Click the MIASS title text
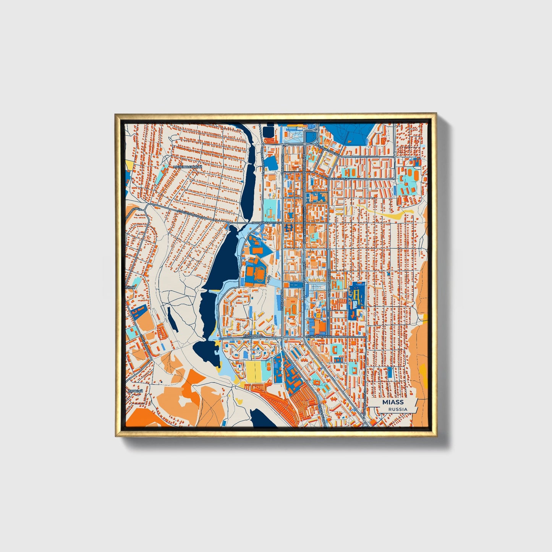(393, 402)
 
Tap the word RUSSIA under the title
(398, 409)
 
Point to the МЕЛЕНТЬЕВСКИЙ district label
(187, 167)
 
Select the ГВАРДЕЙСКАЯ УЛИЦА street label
(266, 222)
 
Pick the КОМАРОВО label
(253, 335)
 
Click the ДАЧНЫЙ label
(135, 392)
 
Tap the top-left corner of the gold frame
(116, 115)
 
